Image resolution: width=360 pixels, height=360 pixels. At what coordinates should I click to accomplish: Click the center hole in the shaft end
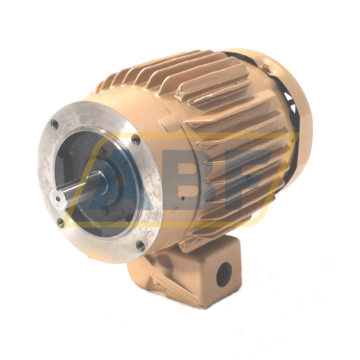pyautogui.click(x=58, y=199)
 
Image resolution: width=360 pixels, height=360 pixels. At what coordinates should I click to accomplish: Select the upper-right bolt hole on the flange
pyautogui.click(x=136, y=139)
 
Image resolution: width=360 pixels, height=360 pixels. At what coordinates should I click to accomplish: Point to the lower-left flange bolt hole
pyautogui.click(x=60, y=222)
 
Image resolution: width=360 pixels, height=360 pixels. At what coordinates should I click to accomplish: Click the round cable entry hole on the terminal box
pyautogui.click(x=224, y=274)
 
